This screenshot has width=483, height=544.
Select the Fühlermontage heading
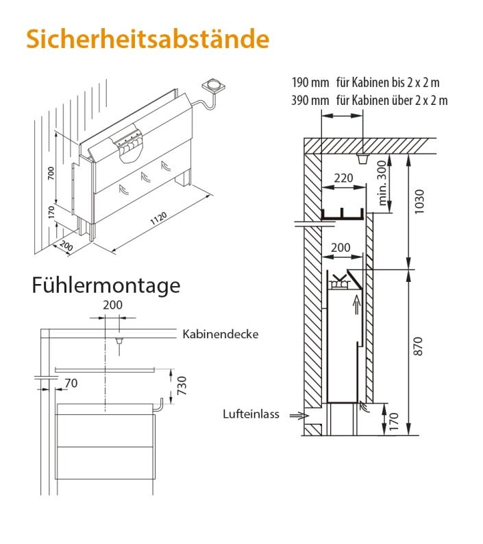pos(106,285)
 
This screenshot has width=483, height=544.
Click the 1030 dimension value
pos(420,202)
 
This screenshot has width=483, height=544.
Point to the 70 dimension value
pos(71,384)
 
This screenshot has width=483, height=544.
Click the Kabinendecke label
pos(220,335)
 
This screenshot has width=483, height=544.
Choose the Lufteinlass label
pos(251,414)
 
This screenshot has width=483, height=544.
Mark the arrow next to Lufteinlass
pos(299,415)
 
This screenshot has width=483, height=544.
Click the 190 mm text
pos(310,83)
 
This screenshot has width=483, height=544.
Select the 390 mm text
pos(310,100)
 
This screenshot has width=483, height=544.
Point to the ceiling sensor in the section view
pos(362,159)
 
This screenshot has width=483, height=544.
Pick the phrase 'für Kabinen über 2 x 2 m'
pos(392,100)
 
